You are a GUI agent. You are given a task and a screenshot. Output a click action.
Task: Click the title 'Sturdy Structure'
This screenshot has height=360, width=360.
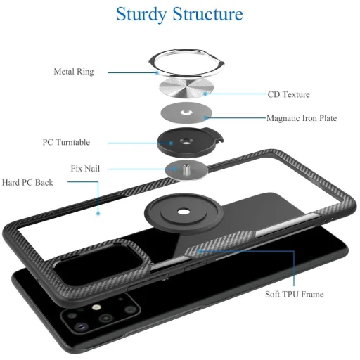[x=179, y=13]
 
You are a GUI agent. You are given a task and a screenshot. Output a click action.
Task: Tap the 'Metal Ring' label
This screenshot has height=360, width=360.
[x=74, y=71]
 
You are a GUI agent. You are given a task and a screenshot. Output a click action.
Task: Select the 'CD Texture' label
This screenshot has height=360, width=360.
[x=288, y=94]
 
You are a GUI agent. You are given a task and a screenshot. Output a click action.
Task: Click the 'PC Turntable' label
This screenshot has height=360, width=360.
[x=66, y=142]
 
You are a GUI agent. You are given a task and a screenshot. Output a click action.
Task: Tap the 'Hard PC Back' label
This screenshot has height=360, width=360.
[x=27, y=182]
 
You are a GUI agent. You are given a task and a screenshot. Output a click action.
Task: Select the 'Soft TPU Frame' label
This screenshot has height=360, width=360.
[x=295, y=294]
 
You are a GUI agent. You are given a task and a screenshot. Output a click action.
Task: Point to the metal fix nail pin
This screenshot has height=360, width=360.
[x=187, y=167]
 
